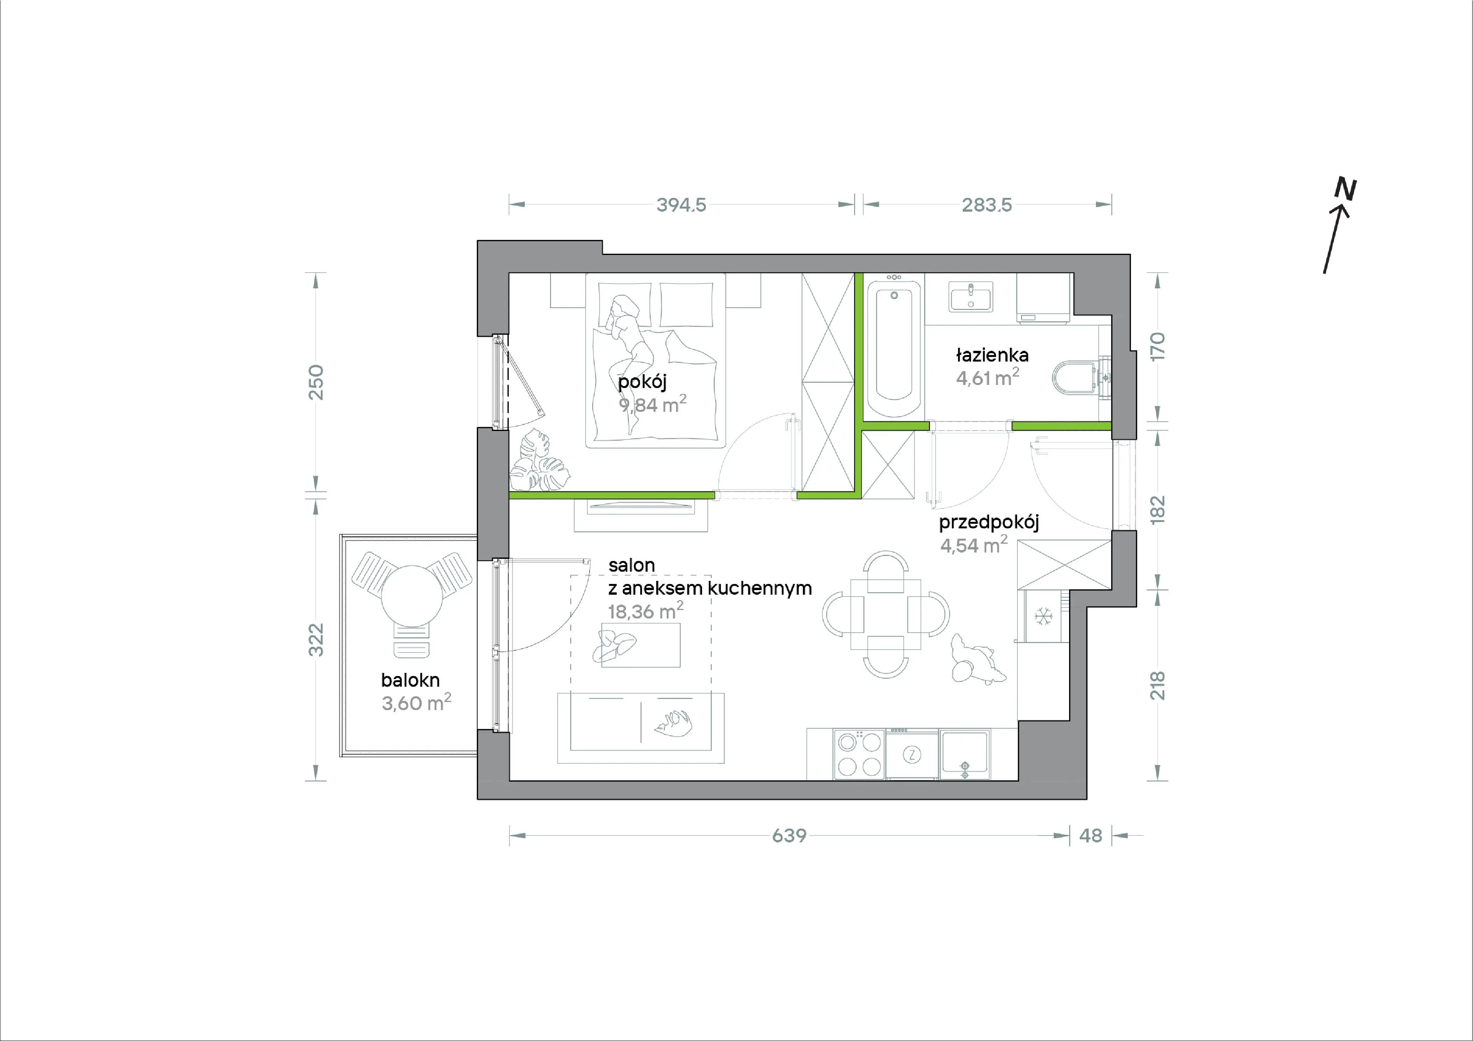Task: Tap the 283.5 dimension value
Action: coord(987,205)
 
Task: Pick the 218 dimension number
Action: coord(1157,685)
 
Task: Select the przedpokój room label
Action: coord(989,523)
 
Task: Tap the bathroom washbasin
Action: coord(970,298)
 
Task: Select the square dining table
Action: coord(885,615)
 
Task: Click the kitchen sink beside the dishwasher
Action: coord(964,754)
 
